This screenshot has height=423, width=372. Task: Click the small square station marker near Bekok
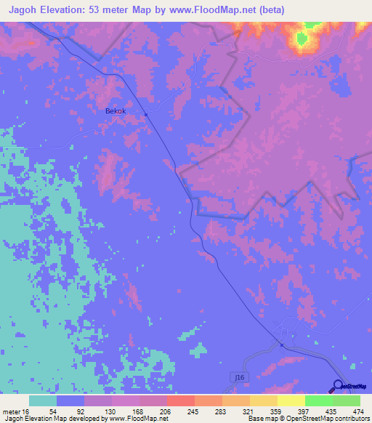(x=146, y=114)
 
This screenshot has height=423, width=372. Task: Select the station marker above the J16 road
(x=282, y=345)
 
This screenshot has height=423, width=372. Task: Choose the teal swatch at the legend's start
(x=43, y=400)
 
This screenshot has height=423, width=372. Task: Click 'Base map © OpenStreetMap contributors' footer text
(x=309, y=419)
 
